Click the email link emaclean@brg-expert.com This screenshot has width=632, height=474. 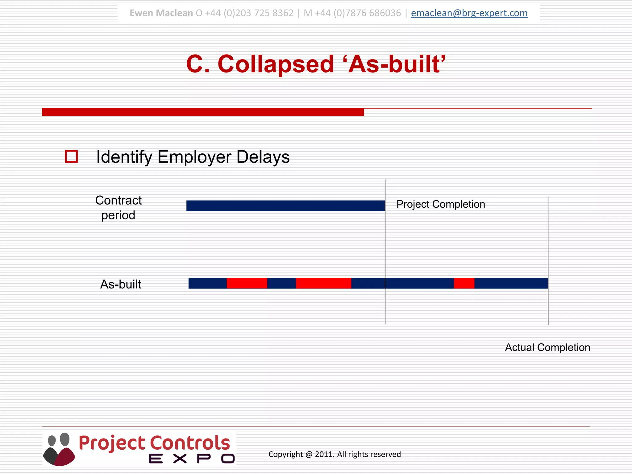(x=469, y=13)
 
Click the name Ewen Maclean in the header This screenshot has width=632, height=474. (x=161, y=13)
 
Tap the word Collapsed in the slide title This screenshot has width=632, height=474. (x=276, y=64)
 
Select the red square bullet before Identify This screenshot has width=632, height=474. (x=71, y=156)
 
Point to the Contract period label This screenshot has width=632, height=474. (x=118, y=208)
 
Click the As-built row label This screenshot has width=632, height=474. (x=121, y=284)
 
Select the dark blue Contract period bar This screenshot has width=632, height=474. (x=285, y=206)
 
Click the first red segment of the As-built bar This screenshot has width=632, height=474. (x=247, y=283)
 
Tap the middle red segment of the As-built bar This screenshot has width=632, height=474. (x=323, y=283)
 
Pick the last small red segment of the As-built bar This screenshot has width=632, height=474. (x=464, y=283)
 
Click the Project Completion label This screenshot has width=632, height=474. (x=441, y=204)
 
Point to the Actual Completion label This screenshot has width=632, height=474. (x=547, y=347)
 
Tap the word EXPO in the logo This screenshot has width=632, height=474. (x=192, y=459)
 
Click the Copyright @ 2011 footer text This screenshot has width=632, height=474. (x=335, y=454)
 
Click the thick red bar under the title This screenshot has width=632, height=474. (x=203, y=112)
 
